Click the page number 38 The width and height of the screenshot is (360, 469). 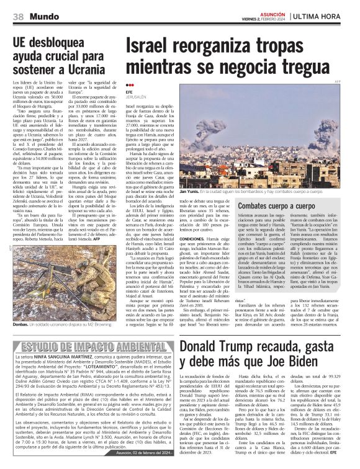tap(18, 15)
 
